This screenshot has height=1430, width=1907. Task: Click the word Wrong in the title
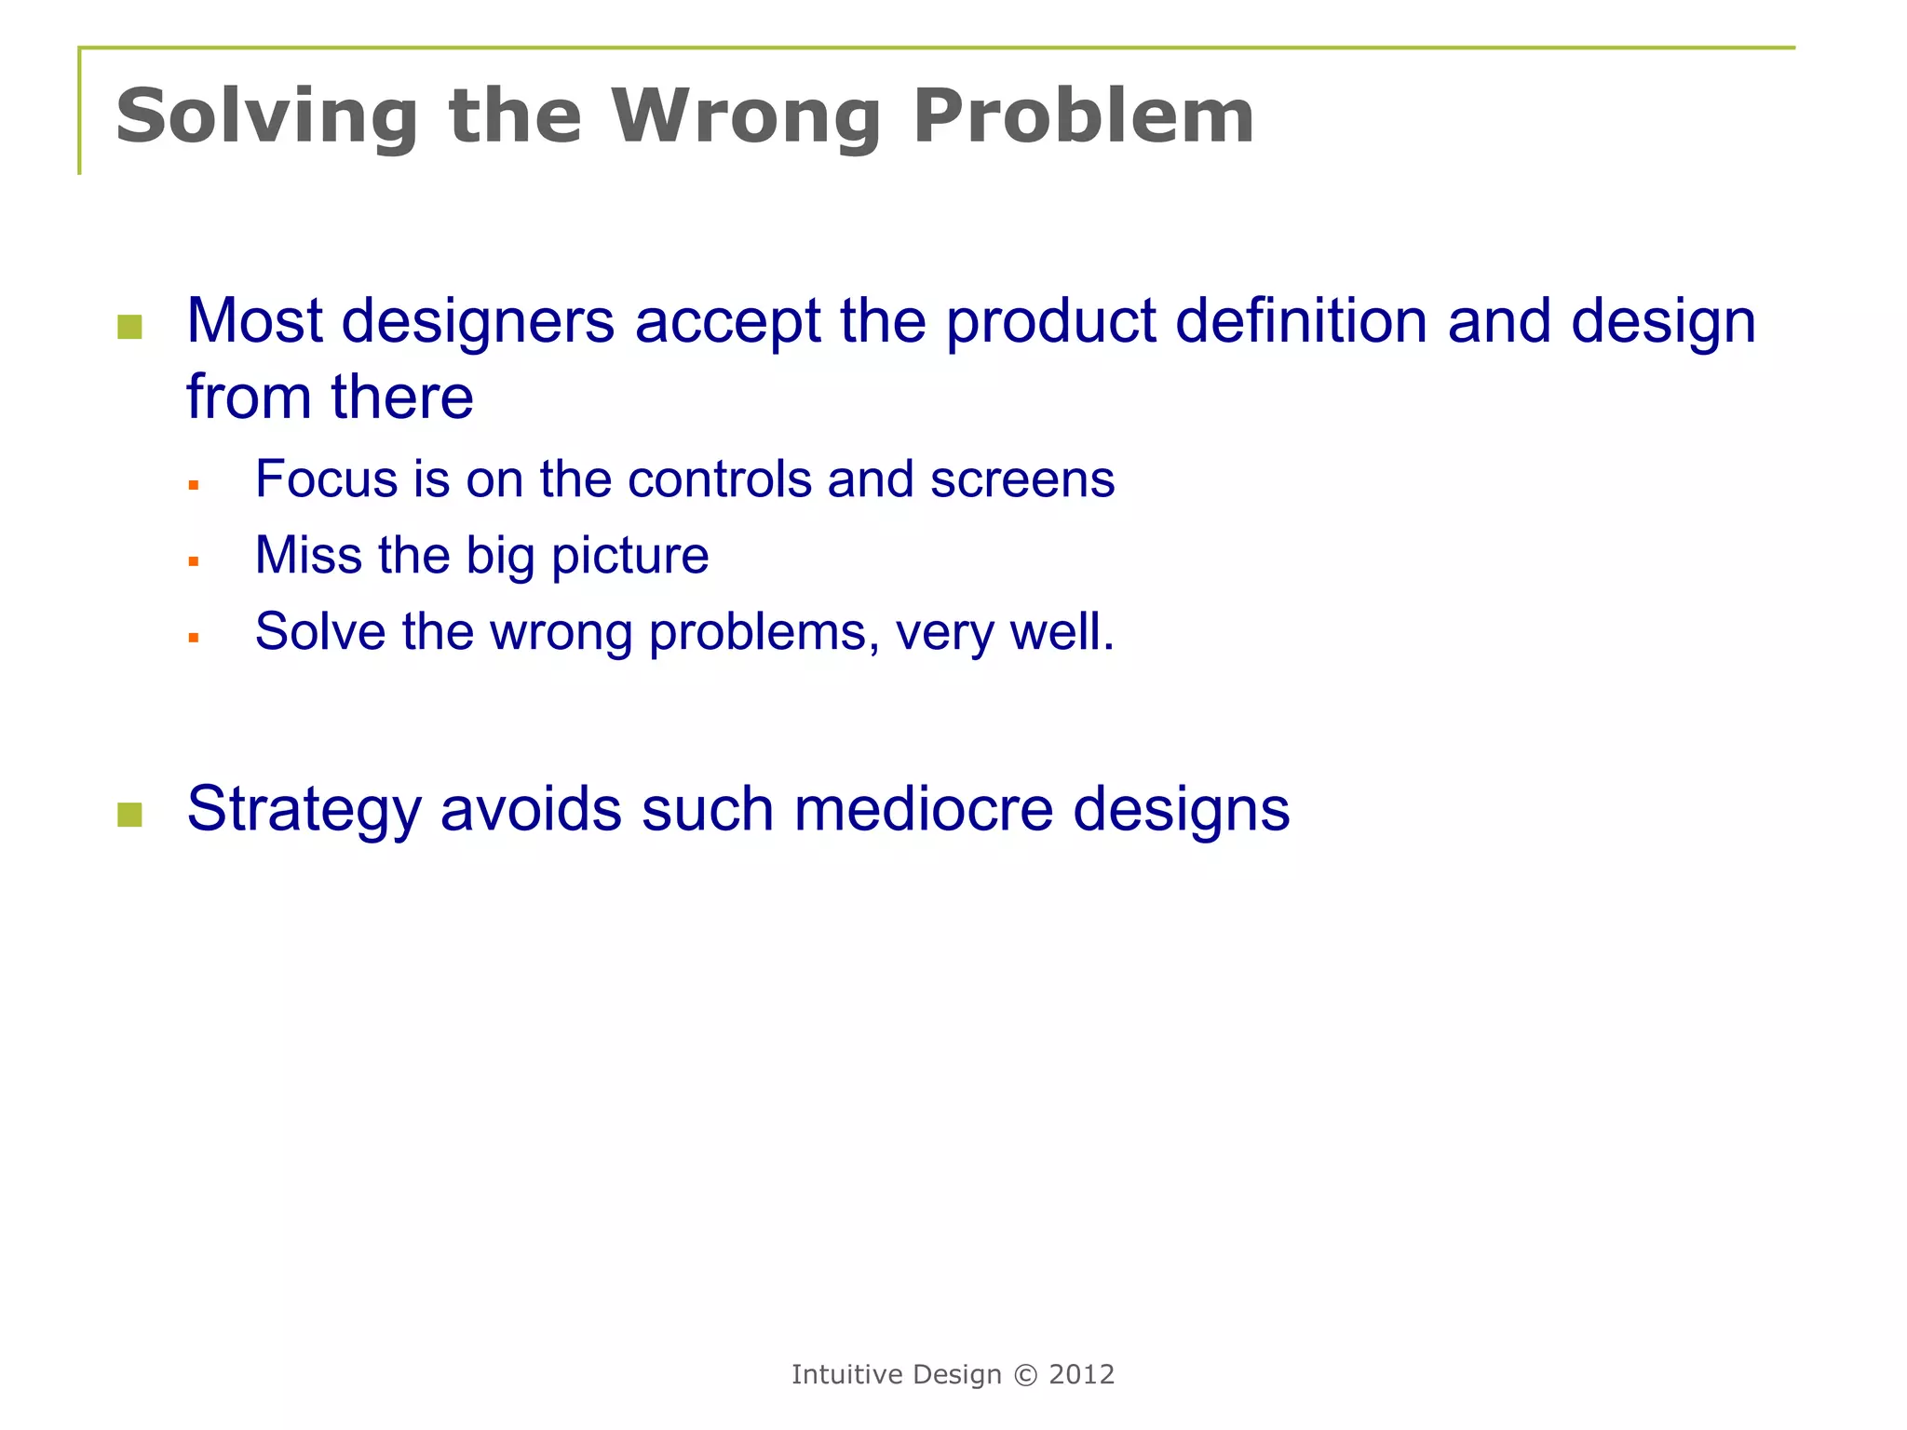coord(745,116)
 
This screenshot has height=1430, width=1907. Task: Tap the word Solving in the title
coord(267,116)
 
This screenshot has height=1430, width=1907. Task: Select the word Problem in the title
coord(1083,116)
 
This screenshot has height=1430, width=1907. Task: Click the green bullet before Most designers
coord(130,327)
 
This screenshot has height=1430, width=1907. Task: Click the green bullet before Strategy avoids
coord(130,815)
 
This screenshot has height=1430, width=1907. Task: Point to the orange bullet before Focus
coord(194,485)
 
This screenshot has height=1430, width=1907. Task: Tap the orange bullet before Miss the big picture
coord(194,561)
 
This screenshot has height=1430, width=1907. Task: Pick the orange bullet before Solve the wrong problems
coord(194,638)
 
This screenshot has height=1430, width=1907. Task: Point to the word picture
coord(629,557)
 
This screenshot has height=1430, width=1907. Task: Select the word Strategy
coord(304,808)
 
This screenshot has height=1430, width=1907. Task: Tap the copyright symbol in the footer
coord(1024,1375)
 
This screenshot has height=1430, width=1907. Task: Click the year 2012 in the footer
coord(1081,1375)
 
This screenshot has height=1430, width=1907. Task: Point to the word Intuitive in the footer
coord(846,1375)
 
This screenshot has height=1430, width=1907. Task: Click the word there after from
coord(401,398)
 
